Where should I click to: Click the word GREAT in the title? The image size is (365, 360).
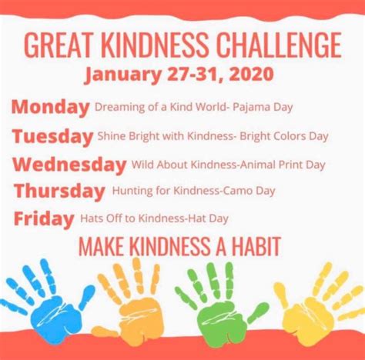tap(58, 45)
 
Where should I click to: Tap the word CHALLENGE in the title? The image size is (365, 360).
tap(279, 45)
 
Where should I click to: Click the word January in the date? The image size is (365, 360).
tap(123, 75)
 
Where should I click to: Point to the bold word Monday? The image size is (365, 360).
tap(51, 107)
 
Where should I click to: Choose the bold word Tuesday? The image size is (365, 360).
tap(52, 136)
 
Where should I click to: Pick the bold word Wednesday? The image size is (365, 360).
tap(69, 165)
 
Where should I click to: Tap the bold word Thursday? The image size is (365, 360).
tap(59, 191)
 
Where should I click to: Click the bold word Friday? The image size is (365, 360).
tap(44, 218)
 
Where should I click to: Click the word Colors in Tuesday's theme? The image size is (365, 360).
tap(290, 136)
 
